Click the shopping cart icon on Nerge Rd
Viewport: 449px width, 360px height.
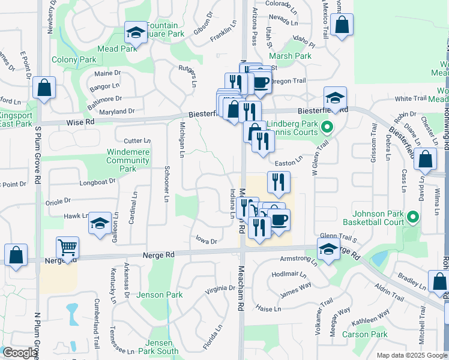pos(67,247)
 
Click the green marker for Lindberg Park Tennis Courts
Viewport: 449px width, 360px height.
pos(327,127)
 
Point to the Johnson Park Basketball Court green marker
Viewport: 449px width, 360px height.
pos(412,217)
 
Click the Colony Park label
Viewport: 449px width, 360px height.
pos(74,59)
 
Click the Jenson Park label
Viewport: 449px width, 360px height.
pos(159,295)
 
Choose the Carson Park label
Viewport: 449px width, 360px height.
pos(365,334)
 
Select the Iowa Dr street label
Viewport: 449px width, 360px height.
pos(206,240)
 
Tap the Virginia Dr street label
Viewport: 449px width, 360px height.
pos(220,289)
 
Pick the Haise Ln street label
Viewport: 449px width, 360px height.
pos(268,309)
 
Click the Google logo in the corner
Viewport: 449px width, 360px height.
pos(20,353)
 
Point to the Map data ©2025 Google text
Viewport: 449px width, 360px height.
pos(412,355)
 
